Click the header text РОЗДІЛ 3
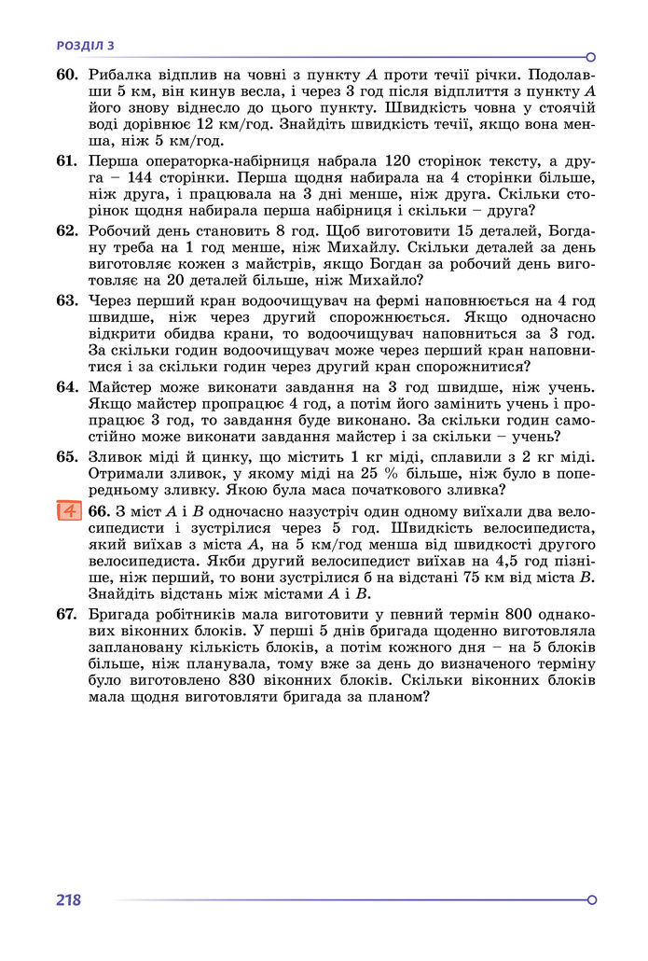click(x=85, y=44)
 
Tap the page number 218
click(x=68, y=900)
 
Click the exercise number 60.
click(x=66, y=75)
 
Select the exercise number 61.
click(x=66, y=160)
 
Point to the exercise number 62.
click(x=66, y=230)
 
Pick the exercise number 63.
click(x=66, y=300)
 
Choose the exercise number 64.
click(x=66, y=386)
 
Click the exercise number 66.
click(x=99, y=511)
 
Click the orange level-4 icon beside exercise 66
click(x=68, y=511)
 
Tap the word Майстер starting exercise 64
click(x=121, y=386)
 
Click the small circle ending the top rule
click(x=591, y=57)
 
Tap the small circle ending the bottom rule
click(x=591, y=900)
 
